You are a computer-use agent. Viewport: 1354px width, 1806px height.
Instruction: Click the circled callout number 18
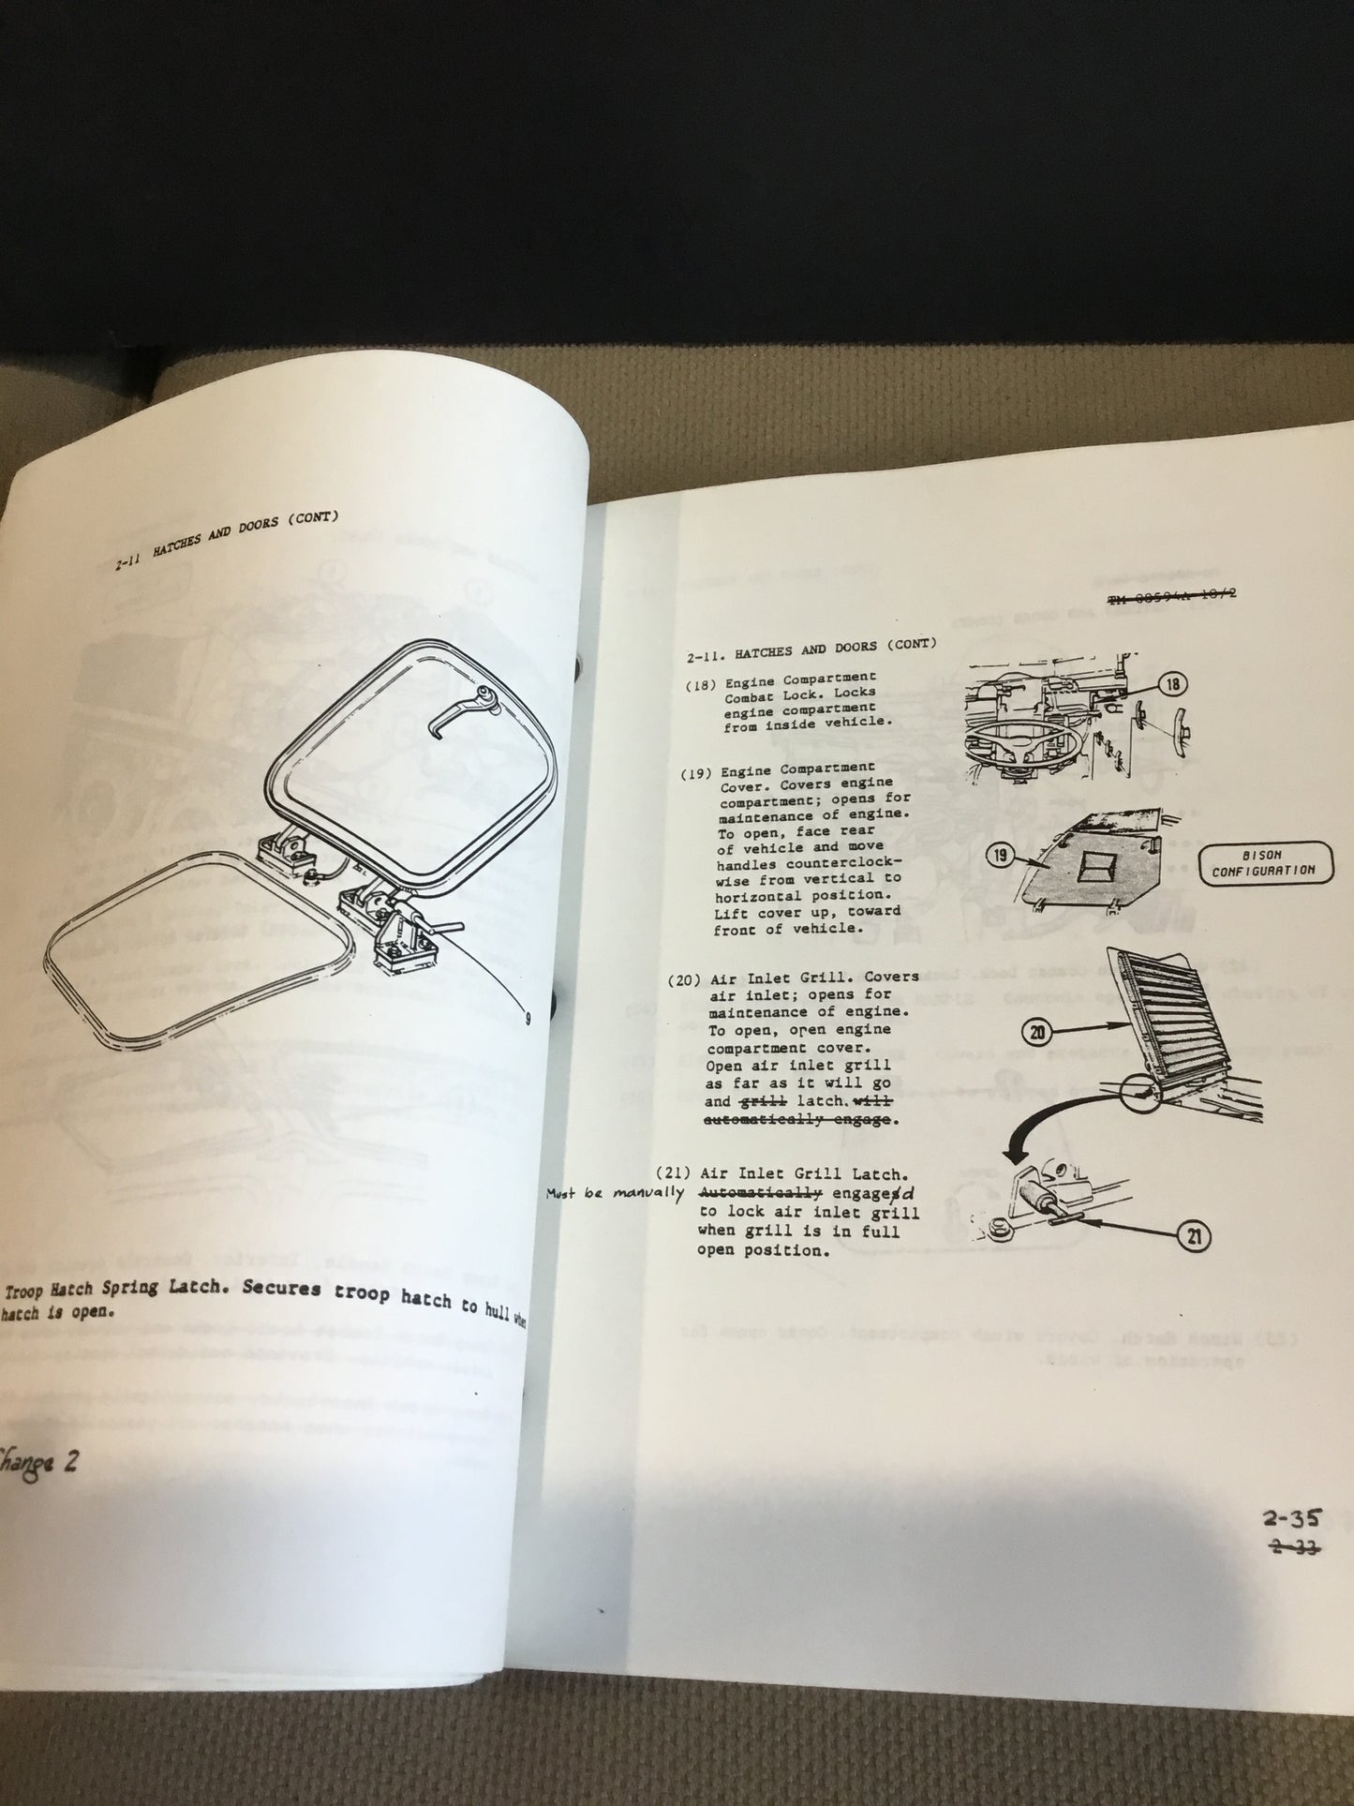[1172, 686]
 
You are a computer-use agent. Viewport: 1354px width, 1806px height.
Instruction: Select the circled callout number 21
[1194, 1237]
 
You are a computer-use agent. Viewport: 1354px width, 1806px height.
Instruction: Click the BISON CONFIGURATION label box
[1262, 862]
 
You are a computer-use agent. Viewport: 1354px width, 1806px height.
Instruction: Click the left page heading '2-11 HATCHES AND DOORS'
[225, 542]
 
